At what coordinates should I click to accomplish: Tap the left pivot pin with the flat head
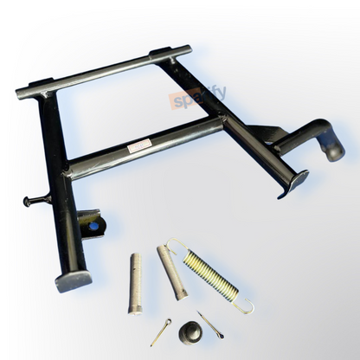(136, 282)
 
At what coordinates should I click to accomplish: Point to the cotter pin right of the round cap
(209, 325)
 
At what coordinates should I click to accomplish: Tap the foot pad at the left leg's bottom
(74, 280)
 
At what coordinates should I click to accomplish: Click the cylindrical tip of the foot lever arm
(334, 151)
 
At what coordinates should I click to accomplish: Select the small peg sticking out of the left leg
(35, 201)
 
